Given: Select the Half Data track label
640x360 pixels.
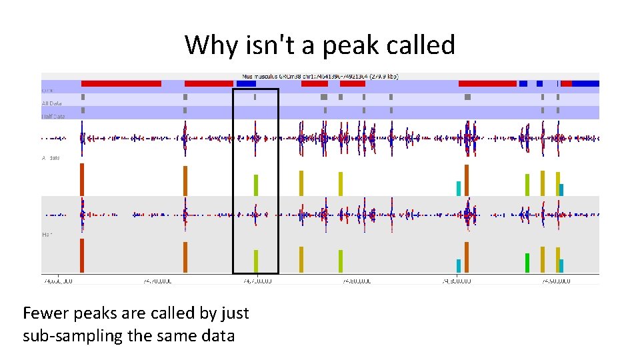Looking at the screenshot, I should [53, 116].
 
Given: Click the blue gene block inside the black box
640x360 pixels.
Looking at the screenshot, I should [246, 83].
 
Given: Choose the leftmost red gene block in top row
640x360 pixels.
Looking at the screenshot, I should [121, 83].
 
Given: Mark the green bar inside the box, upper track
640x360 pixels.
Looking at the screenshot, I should [255, 185].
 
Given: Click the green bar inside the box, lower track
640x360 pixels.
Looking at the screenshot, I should [255, 261].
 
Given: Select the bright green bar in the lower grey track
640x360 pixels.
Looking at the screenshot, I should [527, 263].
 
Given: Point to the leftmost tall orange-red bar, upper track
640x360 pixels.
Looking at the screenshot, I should [81, 179].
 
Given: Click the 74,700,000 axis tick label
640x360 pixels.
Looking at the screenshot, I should [157, 281].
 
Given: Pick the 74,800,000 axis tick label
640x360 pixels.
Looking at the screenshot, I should [356, 281].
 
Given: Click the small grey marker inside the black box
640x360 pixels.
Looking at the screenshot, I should [255, 97].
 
